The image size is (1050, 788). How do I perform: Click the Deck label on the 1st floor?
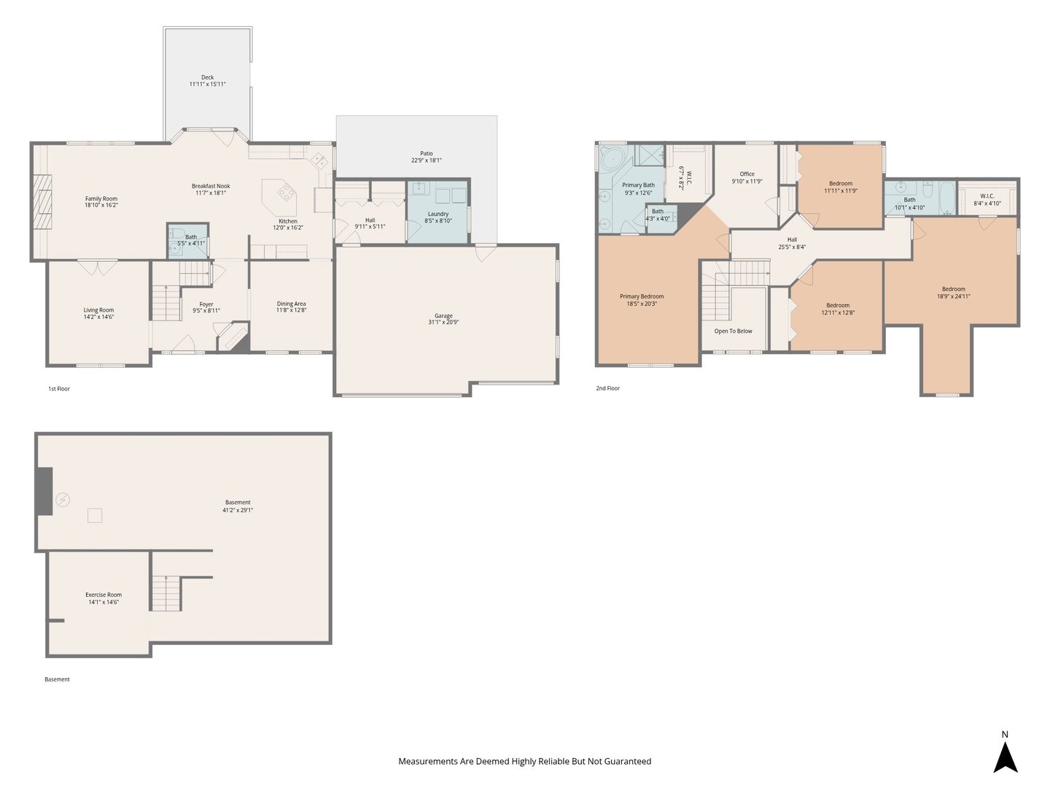[207, 77]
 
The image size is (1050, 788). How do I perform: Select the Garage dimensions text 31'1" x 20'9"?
[443, 322]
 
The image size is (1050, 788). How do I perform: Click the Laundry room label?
[438, 214]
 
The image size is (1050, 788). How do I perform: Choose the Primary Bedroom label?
[642, 297]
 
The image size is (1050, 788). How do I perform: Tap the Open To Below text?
[733, 331]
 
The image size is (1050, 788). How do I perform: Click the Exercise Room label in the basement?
[104, 595]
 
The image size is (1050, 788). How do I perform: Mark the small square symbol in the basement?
[95, 515]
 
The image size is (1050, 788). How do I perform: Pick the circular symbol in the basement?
[63, 500]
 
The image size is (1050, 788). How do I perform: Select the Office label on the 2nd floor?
[747, 174]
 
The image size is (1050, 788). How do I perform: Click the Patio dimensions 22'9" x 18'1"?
[427, 161]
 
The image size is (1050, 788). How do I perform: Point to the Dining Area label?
[291, 304]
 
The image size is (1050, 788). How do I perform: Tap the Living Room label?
[98, 310]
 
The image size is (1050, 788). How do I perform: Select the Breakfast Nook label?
[211, 186]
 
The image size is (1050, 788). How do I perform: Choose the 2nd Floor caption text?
[607, 388]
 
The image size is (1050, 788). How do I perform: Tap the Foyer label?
[206, 304]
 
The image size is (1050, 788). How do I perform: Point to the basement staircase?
[166, 593]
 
